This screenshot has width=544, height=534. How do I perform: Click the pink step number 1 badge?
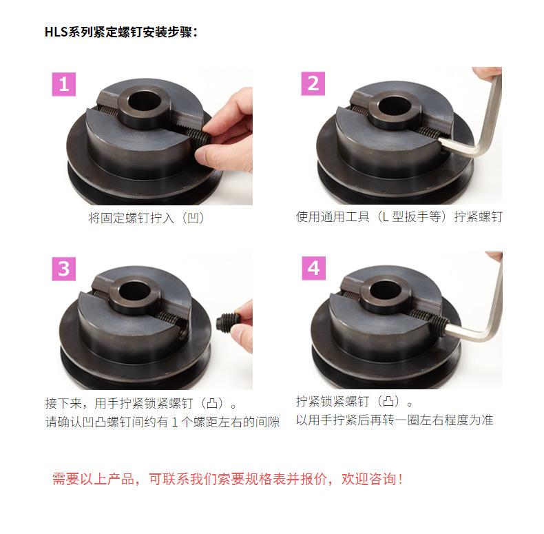[64, 84]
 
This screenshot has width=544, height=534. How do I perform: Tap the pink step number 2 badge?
[313, 83]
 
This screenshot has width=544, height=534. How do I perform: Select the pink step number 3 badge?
[64, 269]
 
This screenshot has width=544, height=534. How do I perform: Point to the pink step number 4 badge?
[313, 268]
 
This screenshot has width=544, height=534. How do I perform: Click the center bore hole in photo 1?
[145, 101]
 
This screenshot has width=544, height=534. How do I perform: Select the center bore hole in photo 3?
[134, 291]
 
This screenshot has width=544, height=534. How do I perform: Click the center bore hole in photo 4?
[384, 290]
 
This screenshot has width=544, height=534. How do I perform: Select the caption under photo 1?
[146, 218]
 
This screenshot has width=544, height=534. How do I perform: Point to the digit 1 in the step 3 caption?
[175, 422]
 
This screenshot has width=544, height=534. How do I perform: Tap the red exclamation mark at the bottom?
[401, 479]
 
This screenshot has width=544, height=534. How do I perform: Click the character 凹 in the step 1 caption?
[192, 218]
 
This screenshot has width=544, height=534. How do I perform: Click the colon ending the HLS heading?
[196, 32]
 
